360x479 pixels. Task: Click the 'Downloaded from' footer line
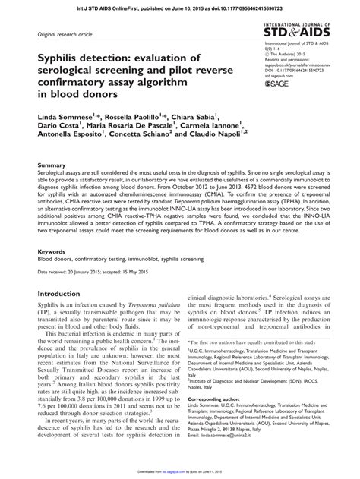180,472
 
